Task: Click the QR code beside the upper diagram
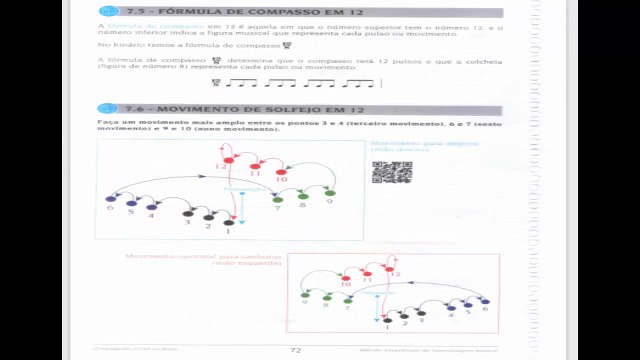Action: pos(392,171)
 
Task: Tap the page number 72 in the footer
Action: pos(295,350)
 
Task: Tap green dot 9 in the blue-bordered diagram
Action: pos(330,193)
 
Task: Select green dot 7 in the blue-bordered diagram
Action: pos(279,198)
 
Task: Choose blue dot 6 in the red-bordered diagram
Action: pos(485,302)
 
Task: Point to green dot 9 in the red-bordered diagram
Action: pos(305,295)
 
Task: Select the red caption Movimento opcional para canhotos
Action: pos(204,257)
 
